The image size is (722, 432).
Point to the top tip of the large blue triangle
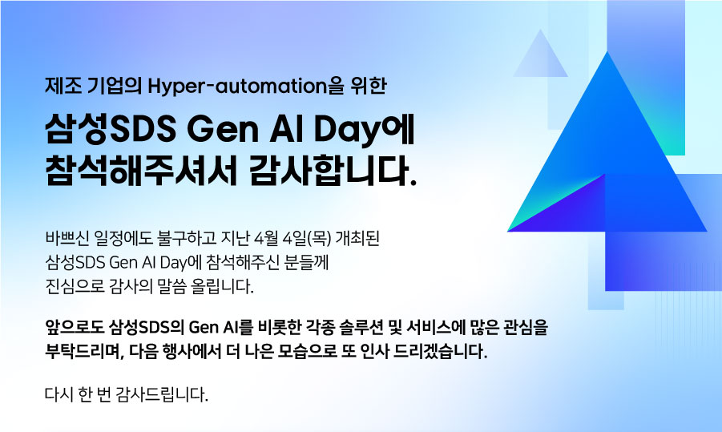click(x=606, y=56)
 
